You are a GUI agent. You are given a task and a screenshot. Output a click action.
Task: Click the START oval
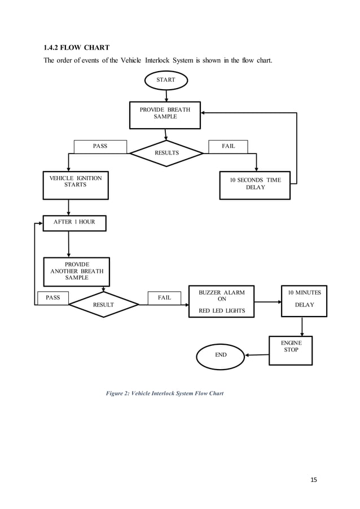pyautogui.click(x=165, y=81)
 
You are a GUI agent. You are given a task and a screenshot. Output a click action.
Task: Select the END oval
pyautogui.click(x=221, y=355)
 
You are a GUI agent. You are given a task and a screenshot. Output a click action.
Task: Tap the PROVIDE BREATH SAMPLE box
pyautogui.click(x=165, y=113)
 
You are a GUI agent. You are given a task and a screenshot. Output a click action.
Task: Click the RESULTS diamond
pyautogui.click(x=166, y=153)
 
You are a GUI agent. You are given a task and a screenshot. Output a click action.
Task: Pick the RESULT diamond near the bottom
pyautogui.click(x=103, y=305)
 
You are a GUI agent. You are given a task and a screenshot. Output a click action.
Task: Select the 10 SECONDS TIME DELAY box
pyautogui.click(x=255, y=185)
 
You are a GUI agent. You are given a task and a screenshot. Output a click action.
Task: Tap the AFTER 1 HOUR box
pyautogui.click(x=74, y=222)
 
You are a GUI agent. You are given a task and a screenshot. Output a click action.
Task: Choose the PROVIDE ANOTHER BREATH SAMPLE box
pyautogui.click(x=77, y=271)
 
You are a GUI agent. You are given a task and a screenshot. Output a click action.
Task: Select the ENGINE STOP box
pyautogui.click(x=291, y=350)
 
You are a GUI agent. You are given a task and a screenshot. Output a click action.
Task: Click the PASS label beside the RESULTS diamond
pyautogui.click(x=100, y=147)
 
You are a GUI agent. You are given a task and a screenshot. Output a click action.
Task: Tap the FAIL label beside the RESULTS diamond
pyautogui.click(x=229, y=147)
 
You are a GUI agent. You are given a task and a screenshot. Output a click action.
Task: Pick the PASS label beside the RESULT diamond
pyautogui.click(x=52, y=297)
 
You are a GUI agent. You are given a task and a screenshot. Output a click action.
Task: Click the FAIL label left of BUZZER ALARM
pyautogui.click(x=164, y=297)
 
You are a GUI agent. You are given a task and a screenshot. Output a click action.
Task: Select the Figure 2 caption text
pyautogui.click(x=165, y=393)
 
